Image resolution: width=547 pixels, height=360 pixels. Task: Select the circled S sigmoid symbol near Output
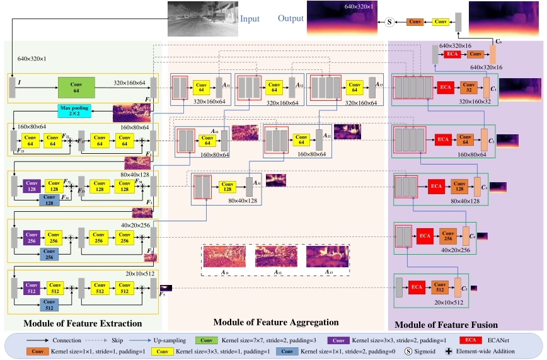389,22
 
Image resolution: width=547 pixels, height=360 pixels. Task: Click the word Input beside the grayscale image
250,19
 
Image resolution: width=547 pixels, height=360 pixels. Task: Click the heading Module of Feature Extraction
82,323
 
